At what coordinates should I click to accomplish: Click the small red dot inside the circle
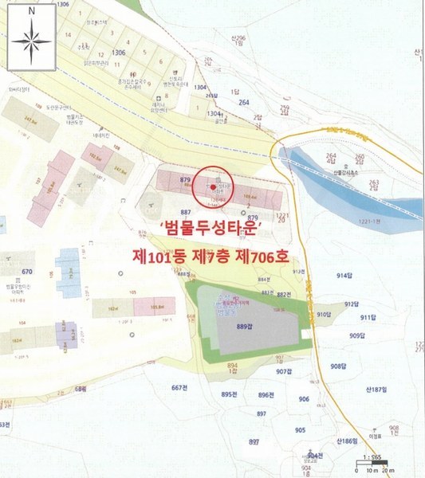(213, 186)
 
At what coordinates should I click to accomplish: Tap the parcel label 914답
(346, 275)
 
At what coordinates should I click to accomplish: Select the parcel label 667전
(183, 389)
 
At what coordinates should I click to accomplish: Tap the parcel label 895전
(231, 395)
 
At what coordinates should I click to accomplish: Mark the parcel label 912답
(350, 304)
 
